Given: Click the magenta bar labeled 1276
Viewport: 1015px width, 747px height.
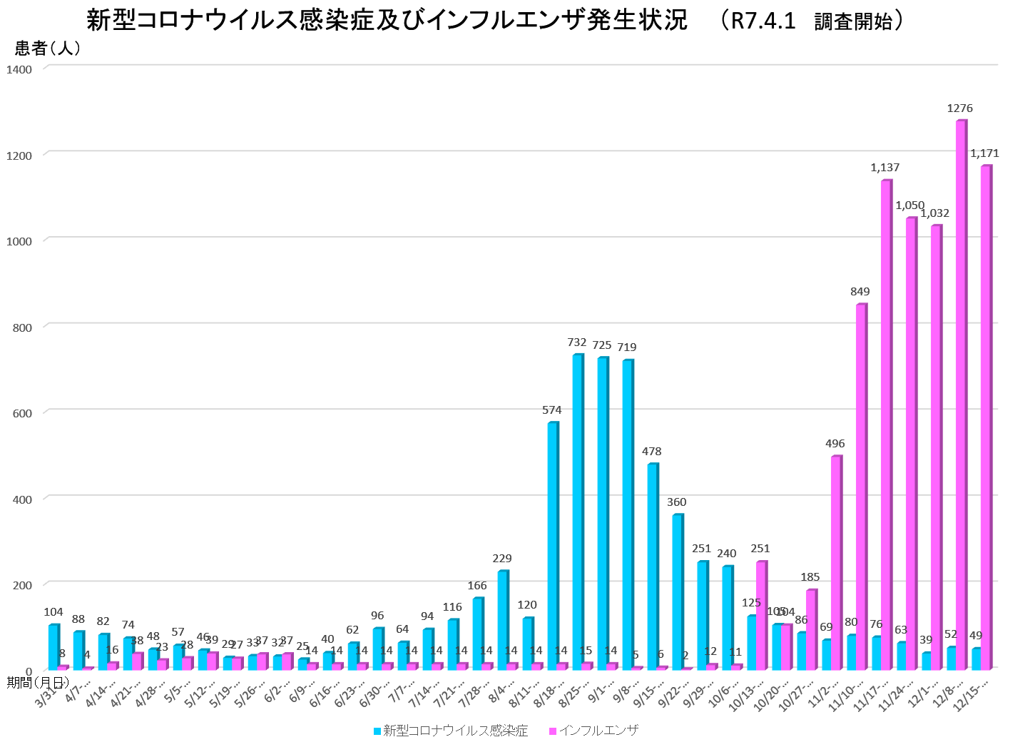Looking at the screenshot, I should click(x=961, y=396).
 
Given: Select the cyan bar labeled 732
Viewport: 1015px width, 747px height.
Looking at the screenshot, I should click(x=577, y=512).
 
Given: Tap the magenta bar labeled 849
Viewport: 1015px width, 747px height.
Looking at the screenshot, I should click(x=861, y=487).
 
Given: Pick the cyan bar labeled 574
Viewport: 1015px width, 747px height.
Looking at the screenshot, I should click(x=552, y=547).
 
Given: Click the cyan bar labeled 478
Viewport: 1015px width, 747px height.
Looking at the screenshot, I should click(x=652, y=567).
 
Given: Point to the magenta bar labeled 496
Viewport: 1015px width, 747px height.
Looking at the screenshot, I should click(x=836, y=563).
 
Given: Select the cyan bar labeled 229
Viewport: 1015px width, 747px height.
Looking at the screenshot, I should click(x=502, y=621).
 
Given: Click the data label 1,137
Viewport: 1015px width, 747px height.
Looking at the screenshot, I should click(x=884, y=168).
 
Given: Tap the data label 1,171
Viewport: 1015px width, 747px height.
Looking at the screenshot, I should click(x=984, y=153).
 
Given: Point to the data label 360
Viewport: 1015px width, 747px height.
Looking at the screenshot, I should click(x=676, y=502).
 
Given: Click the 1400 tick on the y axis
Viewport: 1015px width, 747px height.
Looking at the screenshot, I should click(x=19, y=69).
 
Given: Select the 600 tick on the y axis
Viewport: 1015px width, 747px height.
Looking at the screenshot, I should click(x=22, y=413).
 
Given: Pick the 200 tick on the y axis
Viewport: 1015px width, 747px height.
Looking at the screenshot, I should click(x=22, y=585).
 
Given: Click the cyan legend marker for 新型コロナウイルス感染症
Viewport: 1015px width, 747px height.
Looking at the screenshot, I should click(x=377, y=731).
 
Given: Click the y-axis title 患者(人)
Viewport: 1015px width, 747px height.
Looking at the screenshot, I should click(x=48, y=49).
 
